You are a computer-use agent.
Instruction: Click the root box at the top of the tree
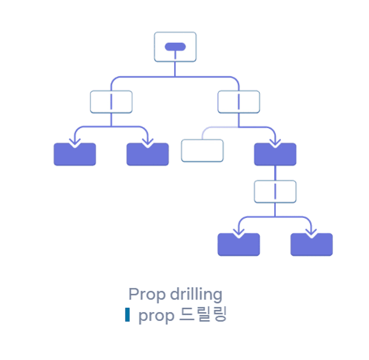(175, 47)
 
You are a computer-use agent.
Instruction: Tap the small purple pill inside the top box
(175, 47)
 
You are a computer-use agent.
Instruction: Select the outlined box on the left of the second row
(111, 102)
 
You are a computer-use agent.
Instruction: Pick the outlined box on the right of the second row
(238, 102)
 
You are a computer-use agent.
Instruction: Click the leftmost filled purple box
(75, 155)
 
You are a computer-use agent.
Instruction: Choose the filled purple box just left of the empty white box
(148, 155)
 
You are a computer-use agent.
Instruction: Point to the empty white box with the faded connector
(202, 151)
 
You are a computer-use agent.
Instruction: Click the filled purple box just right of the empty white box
(275, 155)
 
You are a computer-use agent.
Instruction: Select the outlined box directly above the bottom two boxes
(275, 191)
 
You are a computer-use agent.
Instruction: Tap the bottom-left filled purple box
(238, 245)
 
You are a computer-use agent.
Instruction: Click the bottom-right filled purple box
(311, 245)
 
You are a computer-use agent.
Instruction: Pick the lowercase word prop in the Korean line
(156, 317)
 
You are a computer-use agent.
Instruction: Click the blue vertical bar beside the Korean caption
(128, 315)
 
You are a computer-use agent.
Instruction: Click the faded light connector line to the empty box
(212, 129)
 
